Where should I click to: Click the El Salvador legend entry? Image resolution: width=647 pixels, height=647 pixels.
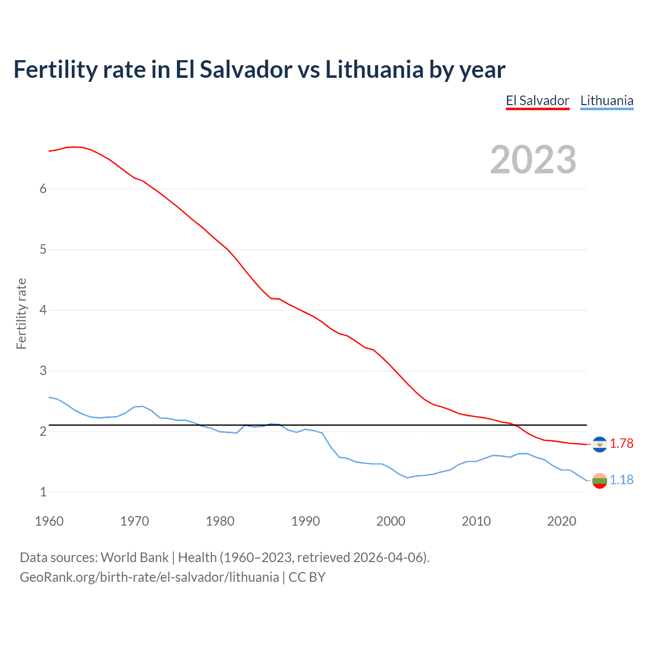click(537, 101)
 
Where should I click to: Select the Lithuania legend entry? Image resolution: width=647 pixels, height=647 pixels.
click(607, 101)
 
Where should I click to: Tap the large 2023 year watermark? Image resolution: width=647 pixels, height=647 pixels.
click(533, 160)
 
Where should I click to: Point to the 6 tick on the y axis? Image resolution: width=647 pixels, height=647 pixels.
click(43, 189)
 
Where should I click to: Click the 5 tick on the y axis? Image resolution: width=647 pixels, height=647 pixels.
click(43, 249)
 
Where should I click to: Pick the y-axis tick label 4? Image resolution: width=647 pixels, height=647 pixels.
click(43, 310)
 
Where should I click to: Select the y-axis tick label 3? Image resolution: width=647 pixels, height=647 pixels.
click(43, 371)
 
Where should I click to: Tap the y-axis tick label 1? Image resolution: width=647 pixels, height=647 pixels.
click(43, 492)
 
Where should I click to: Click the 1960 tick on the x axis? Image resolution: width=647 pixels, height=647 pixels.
click(49, 521)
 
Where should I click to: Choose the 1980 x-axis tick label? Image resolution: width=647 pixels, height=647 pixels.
click(220, 521)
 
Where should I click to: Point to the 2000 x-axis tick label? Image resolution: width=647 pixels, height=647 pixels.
click(391, 521)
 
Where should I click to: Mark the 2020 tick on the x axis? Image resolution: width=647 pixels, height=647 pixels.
click(562, 521)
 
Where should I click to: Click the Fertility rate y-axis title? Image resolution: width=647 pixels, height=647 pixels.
click(21, 313)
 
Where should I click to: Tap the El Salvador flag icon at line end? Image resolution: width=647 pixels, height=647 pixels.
click(599, 444)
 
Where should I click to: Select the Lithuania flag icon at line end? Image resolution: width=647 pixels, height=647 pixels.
click(599, 481)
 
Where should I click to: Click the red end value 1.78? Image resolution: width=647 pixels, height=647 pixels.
click(621, 444)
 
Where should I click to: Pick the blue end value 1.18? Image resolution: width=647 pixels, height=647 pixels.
click(621, 480)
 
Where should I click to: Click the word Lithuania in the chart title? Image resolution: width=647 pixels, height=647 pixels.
click(374, 70)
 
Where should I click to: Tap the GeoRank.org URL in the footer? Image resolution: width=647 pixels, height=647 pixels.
click(149, 577)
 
